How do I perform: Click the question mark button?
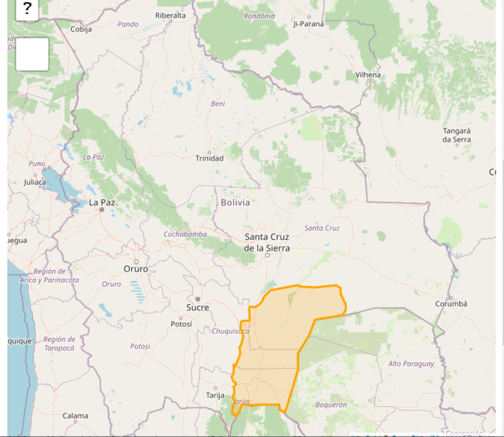coord(27,9)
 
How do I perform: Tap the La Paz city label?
coord(101,202)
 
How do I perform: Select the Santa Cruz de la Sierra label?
coord(267,243)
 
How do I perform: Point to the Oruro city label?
coord(135,269)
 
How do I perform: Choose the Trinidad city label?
coord(209,158)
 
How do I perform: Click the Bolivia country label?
coord(235,202)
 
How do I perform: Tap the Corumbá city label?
coord(451,303)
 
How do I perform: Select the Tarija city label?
coord(215,395)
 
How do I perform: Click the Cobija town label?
coord(81,29)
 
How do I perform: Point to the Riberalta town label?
coord(170,15)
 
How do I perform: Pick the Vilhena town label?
coord(368,74)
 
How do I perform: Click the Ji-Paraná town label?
coord(309,24)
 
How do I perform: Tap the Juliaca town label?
coord(35,182)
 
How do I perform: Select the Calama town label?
coord(75,416)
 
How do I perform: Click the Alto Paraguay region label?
coord(411,364)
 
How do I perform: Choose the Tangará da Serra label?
coord(457,135)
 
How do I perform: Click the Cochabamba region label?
coord(185,234)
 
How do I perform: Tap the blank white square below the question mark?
coord(32,54)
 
